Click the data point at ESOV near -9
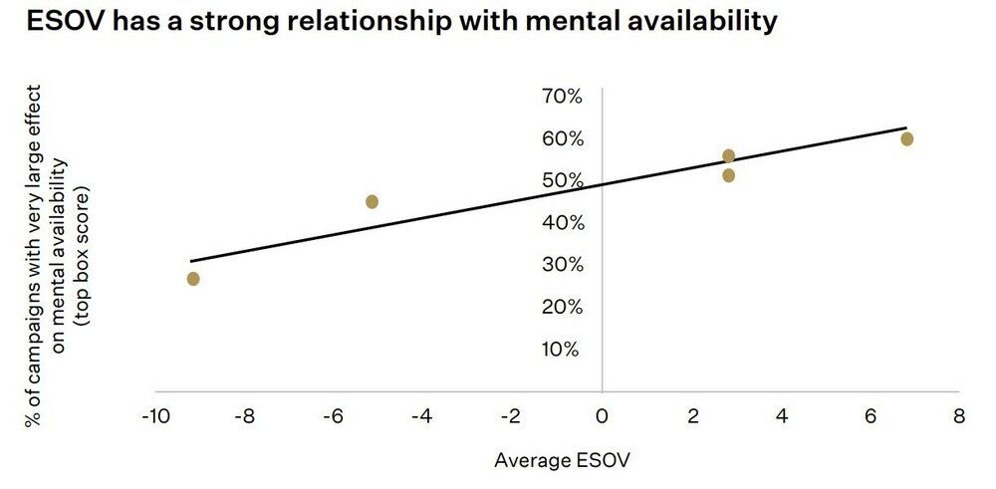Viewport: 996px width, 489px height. (x=192, y=279)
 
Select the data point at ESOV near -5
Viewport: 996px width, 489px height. (x=372, y=201)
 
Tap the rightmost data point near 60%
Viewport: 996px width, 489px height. (x=906, y=138)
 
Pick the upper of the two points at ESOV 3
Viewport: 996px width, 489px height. (x=728, y=155)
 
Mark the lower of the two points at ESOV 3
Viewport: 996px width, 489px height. (x=728, y=175)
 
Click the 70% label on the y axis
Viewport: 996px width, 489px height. (x=562, y=97)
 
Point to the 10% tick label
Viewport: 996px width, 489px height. (x=562, y=349)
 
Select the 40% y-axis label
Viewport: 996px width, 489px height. (x=562, y=223)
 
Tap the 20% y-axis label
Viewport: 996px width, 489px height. (x=562, y=307)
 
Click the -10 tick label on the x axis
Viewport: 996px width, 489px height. (x=153, y=415)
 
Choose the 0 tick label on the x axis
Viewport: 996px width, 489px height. (x=602, y=415)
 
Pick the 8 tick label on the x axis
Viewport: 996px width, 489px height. (x=959, y=415)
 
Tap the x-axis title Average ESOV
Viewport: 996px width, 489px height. (x=563, y=460)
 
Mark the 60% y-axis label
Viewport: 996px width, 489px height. (x=562, y=138)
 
